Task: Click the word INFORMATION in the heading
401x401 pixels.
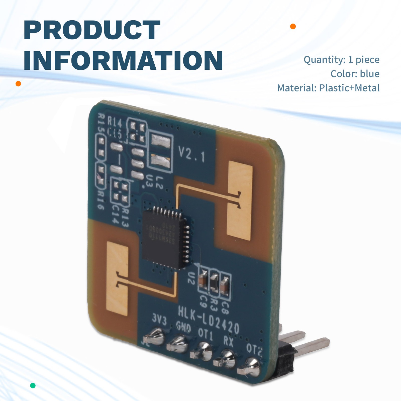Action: coord(123,60)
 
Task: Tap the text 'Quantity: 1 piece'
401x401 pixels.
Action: coord(341,60)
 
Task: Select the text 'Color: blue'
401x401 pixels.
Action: coord(355,74)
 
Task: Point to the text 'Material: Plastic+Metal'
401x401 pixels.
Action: coord(328,88)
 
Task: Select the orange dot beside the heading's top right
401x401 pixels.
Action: coord(293,26)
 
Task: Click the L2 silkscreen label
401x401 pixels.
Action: coord(159,182)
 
